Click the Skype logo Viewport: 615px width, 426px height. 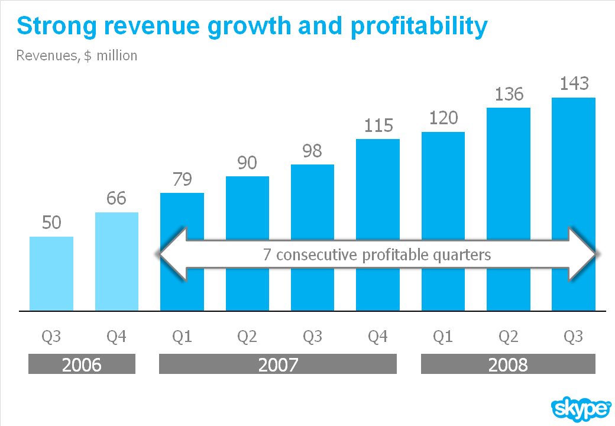(581, 408)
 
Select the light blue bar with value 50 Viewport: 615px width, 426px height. (51, 273)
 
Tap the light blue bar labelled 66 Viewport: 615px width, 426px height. (116, 261)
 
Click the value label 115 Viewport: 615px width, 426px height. (378, 125)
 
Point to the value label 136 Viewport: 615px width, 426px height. (509, 94)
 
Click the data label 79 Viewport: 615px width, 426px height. (182, 179)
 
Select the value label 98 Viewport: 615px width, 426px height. (312, 151)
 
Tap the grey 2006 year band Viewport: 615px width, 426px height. (82, 364)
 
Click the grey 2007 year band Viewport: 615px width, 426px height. (278, 364)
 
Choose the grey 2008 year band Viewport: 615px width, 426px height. (508, 364)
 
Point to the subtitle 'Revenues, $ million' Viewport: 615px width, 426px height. (77, 56)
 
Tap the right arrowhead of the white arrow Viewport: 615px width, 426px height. (582, 254)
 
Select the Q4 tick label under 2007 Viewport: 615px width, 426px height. (378, 337)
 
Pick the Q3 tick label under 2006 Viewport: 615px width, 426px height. (51, 337)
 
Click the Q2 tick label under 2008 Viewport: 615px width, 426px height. (508, 337)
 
